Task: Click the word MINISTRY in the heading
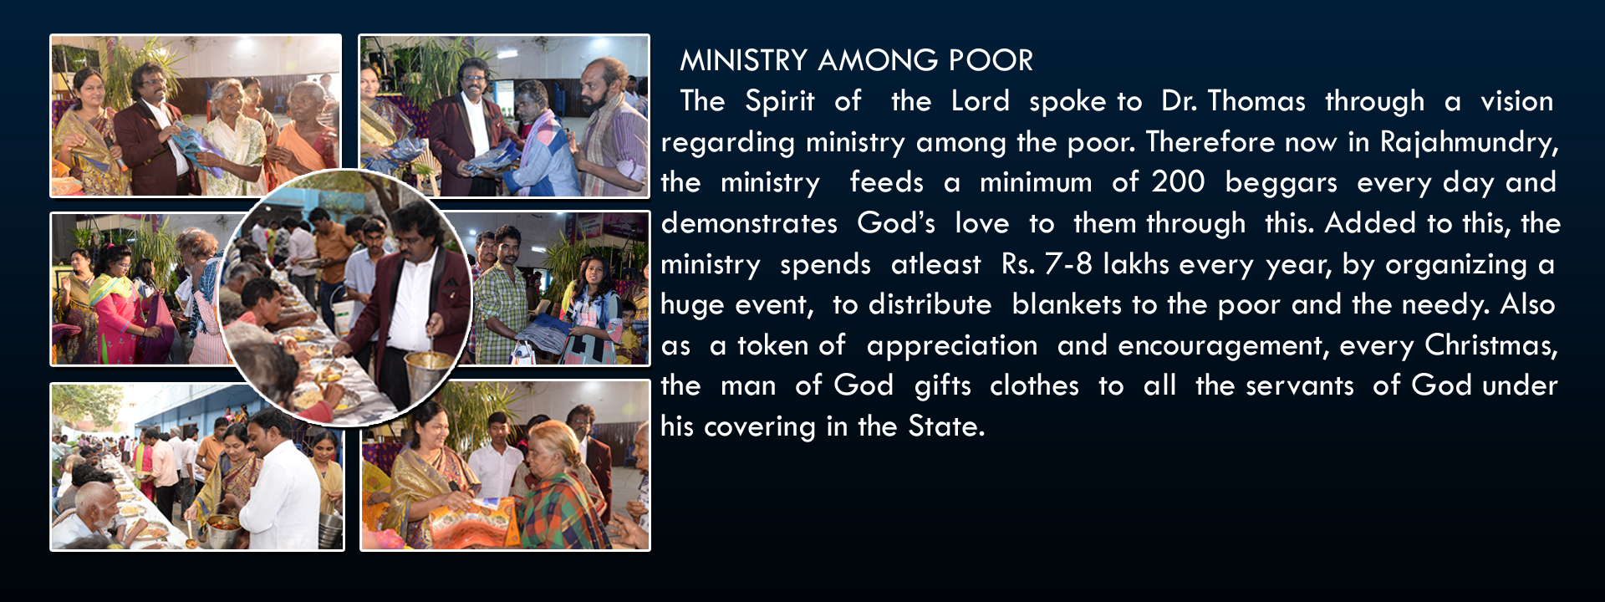(743, 60)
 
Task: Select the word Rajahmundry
(1469, 142)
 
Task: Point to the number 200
(1178, 181)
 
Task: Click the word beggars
(1281, 183)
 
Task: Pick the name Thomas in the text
(1256, 101)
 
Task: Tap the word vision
(1516, 101)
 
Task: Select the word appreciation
(951, 346)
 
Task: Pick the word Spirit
(779, 102)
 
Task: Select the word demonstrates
(749, 222)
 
